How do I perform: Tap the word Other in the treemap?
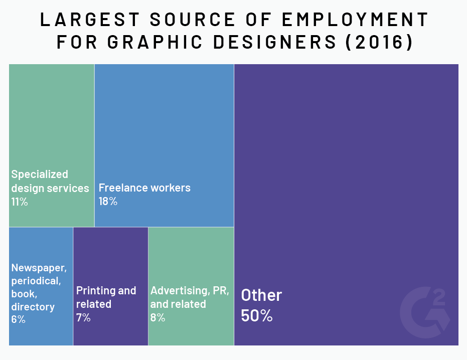pos(261,295)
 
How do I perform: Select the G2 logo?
pos(425,312)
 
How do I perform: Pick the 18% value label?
pos(108,202)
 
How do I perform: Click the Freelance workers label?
pos(144,188)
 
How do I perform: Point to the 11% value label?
pos(20,202)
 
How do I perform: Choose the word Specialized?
pos(40,174)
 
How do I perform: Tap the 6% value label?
pos(18,319)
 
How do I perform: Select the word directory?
pos(33,306)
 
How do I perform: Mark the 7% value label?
pos(83,317)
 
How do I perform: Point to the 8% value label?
pos(158,317)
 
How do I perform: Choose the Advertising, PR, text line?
pos(190,291)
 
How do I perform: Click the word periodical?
pos(36,281)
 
